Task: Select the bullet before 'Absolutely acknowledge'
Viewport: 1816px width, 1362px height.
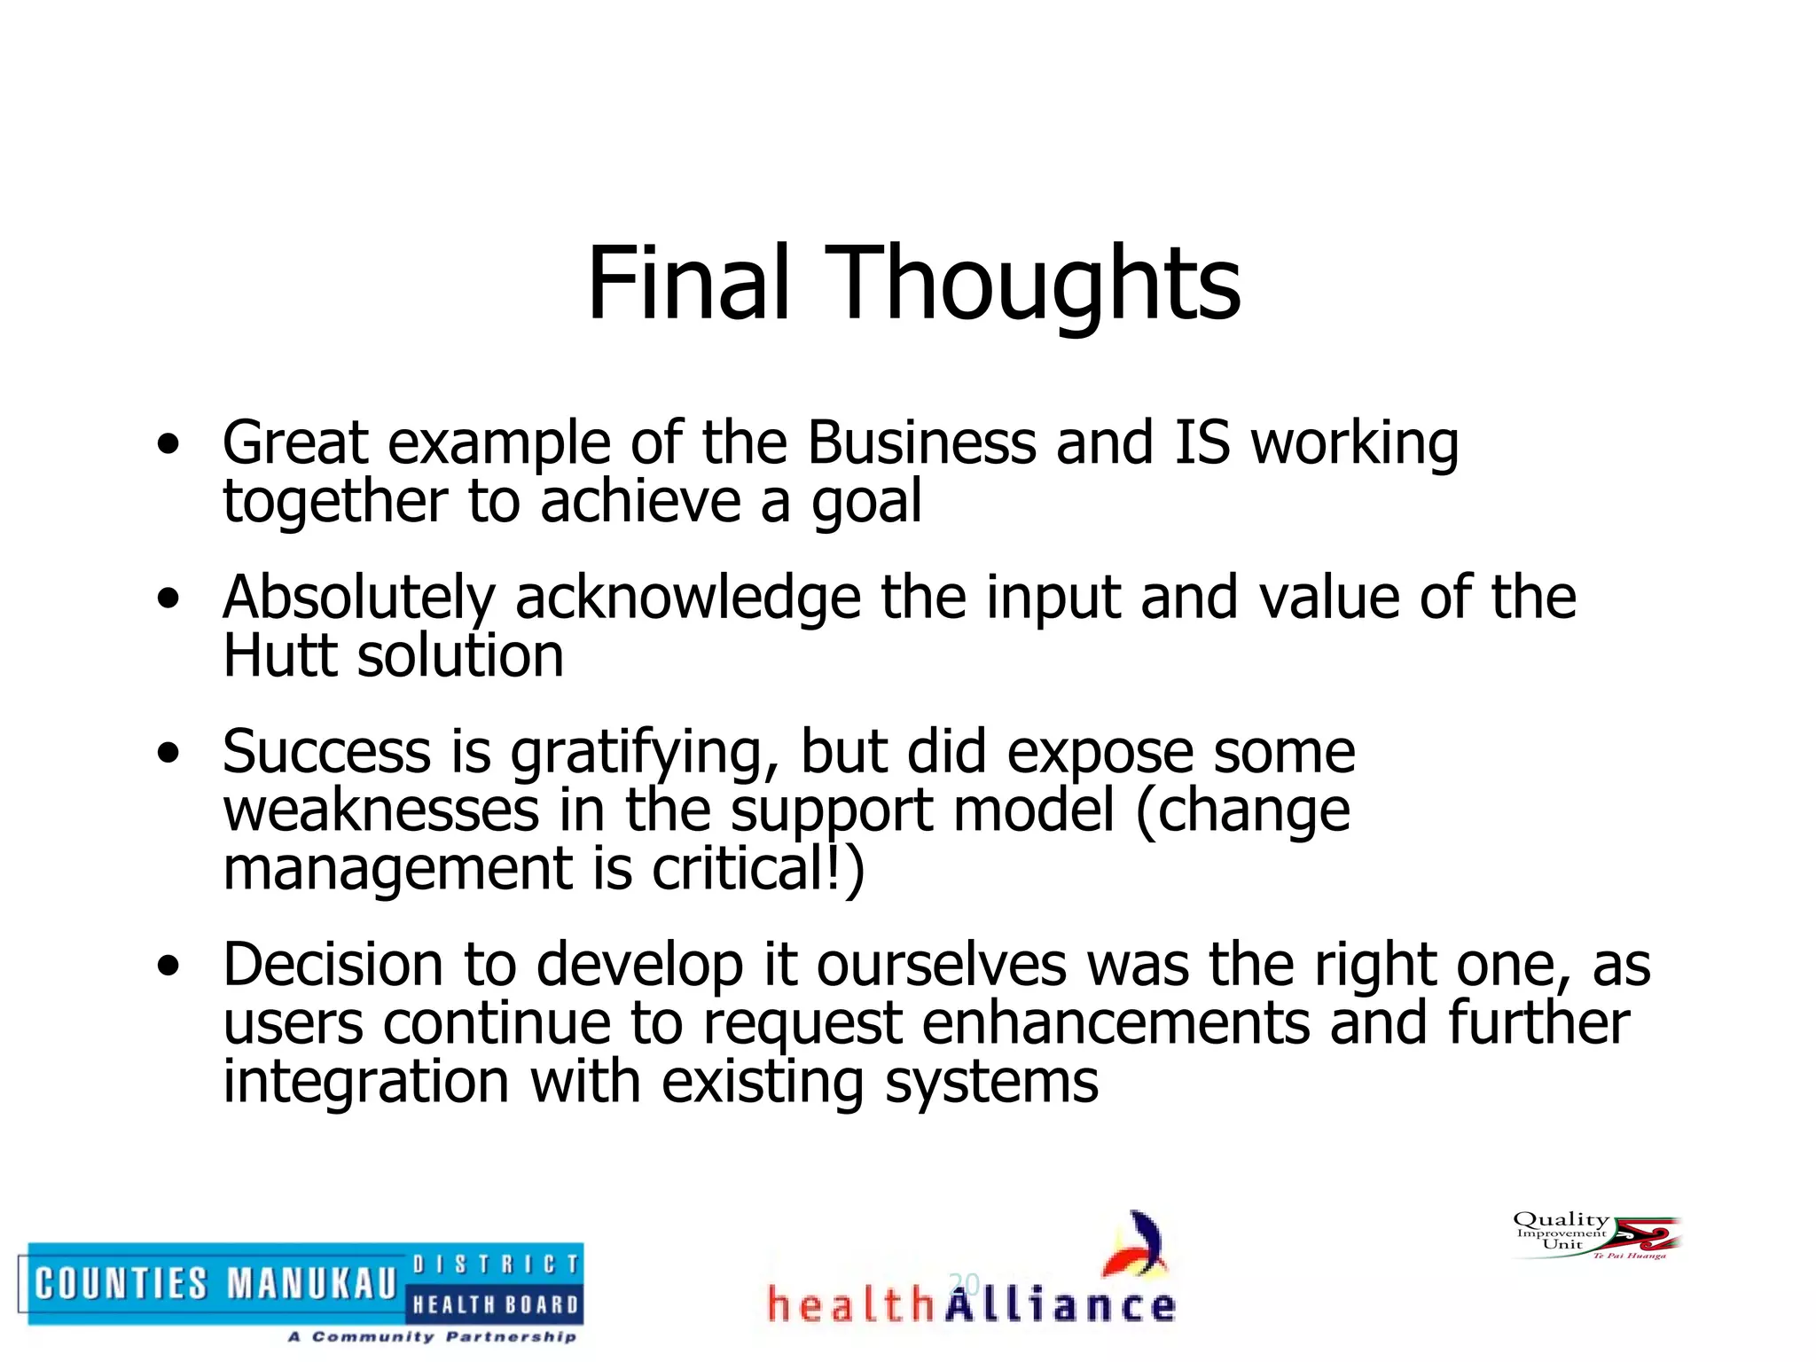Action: (x=168, y=599)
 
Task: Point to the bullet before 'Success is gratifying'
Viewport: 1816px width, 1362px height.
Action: (x=168, y=753)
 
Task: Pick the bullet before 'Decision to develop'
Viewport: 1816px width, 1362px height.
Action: (x=168, y=966)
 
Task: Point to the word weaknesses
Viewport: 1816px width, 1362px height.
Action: (x=381, y=810)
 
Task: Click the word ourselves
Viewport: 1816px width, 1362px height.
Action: (x=942, y=965)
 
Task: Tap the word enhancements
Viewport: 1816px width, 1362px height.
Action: (x=1115, y=1023)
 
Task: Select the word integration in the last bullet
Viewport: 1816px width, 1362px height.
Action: (x=365, y=1082)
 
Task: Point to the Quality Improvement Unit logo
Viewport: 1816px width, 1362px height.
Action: (x=1595, y=1236)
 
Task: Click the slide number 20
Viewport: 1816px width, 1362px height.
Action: (x=964, y=1283)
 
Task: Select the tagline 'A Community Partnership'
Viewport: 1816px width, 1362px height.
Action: (x=432, y=1336)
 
